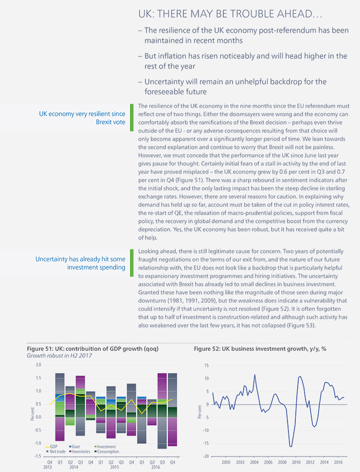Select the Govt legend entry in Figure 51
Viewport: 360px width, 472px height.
click(x=74, y=447)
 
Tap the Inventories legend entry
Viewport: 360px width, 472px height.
click(x=79, y=452)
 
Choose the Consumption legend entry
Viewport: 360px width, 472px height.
click(x=107, y=452)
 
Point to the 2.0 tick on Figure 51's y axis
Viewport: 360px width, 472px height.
click(x=38, y=365)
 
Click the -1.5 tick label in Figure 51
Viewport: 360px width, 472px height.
click(x=37, y=456)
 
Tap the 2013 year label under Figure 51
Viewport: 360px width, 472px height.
click(x=48, y=467)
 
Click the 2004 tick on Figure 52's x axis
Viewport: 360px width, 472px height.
click(x=254, y=462)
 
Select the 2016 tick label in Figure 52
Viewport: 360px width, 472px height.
click(x=338, y=462)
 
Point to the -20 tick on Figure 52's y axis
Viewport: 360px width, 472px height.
click(x=206, y=456)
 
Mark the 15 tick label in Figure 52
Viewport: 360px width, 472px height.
click(x=206, y=365)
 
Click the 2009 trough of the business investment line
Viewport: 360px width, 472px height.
click(x=291, y=446)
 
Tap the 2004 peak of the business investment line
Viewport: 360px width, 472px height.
click(x=254, y=375)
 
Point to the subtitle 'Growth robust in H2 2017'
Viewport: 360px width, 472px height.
click(x=59, y=356)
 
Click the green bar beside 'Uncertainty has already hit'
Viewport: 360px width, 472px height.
click(x=131, y=263)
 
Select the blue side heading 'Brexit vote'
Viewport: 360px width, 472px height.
click(x=110, y=122)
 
